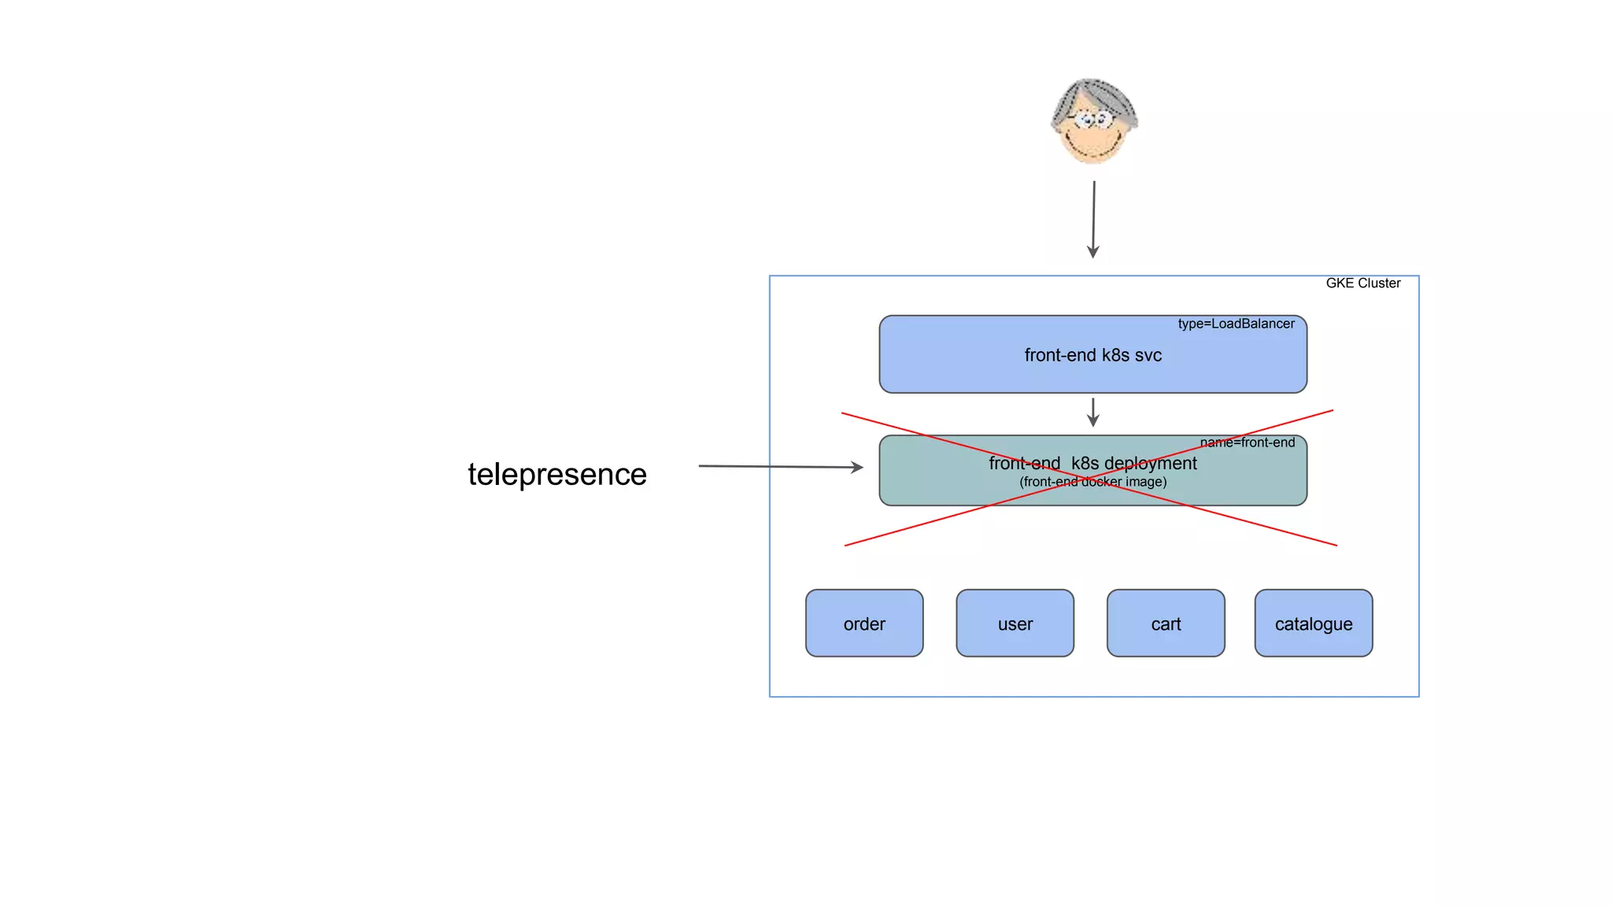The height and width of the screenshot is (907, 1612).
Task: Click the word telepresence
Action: click(556, 475)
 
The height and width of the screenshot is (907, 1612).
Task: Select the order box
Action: click(864, 623)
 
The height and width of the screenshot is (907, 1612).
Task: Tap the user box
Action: click(1015, 623)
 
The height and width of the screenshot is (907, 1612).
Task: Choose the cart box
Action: click(1166, 623)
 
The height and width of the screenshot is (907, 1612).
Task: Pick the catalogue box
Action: click(1313, 623)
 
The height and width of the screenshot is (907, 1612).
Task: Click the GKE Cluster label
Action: click(1362, 283)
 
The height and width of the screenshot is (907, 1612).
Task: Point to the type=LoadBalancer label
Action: click(1236, 324)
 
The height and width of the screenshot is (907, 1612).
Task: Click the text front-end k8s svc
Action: click(1093, 355)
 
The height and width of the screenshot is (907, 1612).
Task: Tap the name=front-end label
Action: click(1247, 442)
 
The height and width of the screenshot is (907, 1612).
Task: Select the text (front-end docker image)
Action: click(1093, 482)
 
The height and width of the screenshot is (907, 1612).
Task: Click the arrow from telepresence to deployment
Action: click(779, 467)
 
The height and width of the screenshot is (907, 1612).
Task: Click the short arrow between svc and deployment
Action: click(1093, 412)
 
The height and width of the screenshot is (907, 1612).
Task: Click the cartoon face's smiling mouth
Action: click(1093, 147)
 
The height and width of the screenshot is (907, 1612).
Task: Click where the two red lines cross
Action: click(1090, 478)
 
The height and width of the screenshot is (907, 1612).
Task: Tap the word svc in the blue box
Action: click(1148, 355)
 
